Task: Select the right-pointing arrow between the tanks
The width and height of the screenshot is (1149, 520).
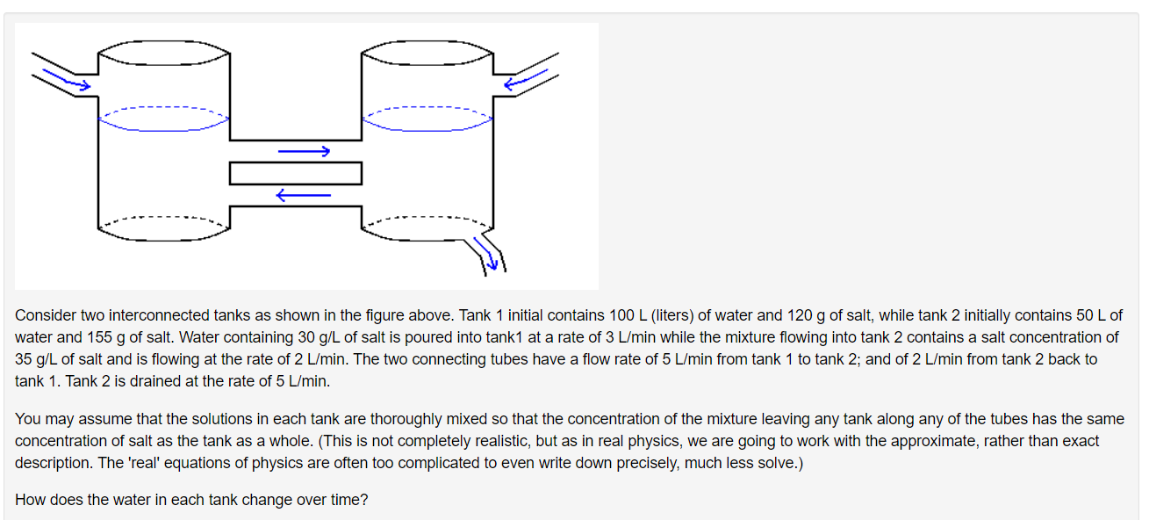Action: [x=304, y=152]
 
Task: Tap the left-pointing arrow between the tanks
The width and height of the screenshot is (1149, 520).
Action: [x=303, y=195]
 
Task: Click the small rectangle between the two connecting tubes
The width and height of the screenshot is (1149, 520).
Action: [x=296, y=173]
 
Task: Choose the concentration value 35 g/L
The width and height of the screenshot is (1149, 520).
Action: [x=34, y=359]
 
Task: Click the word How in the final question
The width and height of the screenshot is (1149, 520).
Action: [x=30, y=500]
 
